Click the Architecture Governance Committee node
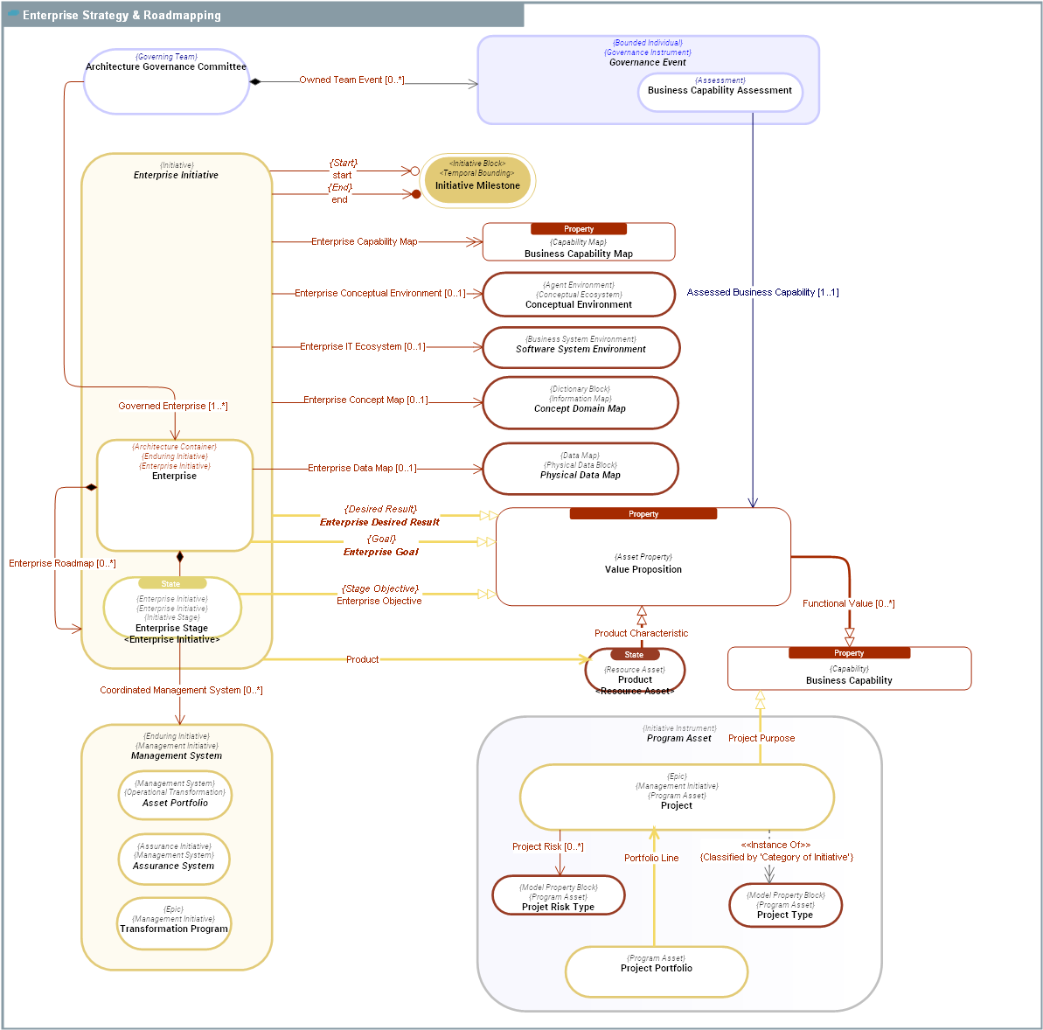point(166,81)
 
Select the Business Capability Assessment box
point(720,92)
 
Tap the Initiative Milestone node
point(477,181)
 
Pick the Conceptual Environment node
point(579,295)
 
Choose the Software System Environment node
point(581,348)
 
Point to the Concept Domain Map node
point(580,403)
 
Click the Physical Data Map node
point(580,469)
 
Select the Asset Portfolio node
point(175,795)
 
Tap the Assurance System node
point(173,859)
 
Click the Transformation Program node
point(174,923)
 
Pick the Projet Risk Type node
point(558,896)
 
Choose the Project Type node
point(785,905)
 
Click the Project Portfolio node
point(656,971)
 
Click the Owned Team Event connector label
point(351,80)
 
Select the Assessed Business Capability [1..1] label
point(762,292)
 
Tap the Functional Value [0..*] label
point(848,603)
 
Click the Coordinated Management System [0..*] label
point(181,690)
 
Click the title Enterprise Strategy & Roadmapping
point(122,15)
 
